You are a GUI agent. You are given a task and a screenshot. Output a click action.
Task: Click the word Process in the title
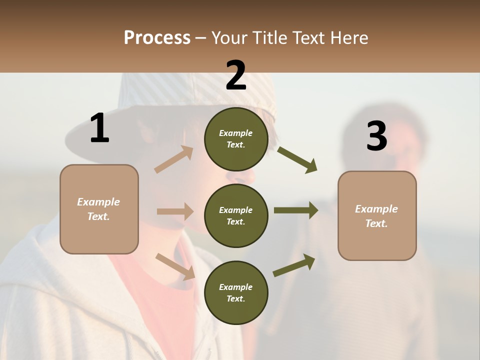(x=157, y=38)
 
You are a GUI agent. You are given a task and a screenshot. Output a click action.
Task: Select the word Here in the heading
(x=349, y=38)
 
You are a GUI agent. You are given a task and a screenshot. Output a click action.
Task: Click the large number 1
(x=99, y=128)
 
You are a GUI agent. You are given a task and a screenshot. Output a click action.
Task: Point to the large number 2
(x=236, y=75)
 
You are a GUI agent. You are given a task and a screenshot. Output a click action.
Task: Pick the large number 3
(x=376, y=136)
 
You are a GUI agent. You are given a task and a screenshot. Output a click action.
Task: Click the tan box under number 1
(x=99, y=209)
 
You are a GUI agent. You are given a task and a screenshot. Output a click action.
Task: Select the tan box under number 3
(x=377, y=215)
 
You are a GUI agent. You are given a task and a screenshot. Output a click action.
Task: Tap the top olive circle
(x=236, y=139)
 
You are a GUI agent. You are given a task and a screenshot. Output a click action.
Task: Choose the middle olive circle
(x=236, y=215)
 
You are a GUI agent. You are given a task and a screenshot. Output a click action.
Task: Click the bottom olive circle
(x=236, y=292)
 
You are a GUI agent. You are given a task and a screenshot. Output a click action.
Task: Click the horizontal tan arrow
(x=175, y=211)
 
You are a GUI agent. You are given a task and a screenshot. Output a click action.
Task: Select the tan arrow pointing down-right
(x=175, y=266)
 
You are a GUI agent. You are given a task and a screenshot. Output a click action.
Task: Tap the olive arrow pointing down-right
(x=297, y=160)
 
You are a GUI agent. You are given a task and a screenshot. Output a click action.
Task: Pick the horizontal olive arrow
(x=296, y=210)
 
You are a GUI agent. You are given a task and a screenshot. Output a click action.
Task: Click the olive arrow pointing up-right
(x=294, y=265)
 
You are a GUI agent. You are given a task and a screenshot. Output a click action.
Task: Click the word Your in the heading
(x=229, y=38)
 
